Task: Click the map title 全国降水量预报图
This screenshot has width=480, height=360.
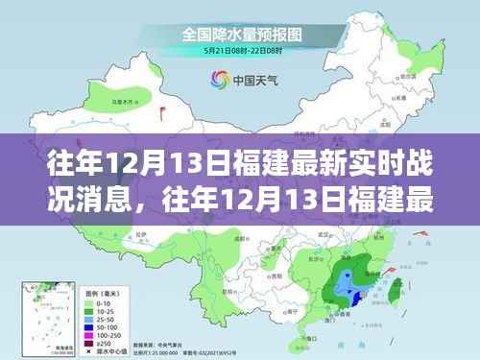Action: point(239,34)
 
